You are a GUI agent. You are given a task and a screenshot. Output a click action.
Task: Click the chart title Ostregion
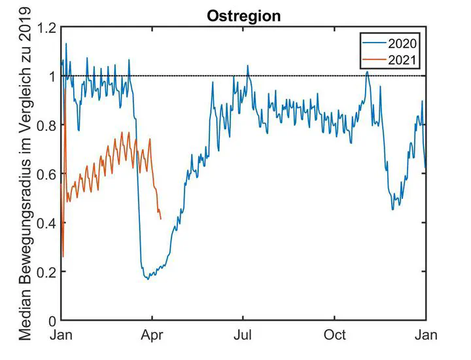[244, 16]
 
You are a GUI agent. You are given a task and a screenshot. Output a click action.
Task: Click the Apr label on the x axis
[152, 335]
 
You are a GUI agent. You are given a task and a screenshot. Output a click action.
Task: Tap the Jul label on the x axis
[243, 335]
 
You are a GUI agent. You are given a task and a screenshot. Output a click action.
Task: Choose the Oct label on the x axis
[335, 335]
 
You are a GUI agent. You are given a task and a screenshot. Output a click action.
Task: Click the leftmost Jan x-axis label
[61, 335]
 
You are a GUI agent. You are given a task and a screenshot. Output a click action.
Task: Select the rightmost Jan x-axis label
[427, 335]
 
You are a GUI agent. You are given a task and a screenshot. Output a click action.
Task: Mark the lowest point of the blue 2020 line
[148, 279]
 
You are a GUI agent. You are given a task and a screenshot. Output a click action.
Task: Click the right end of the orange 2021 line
[161, 219]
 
